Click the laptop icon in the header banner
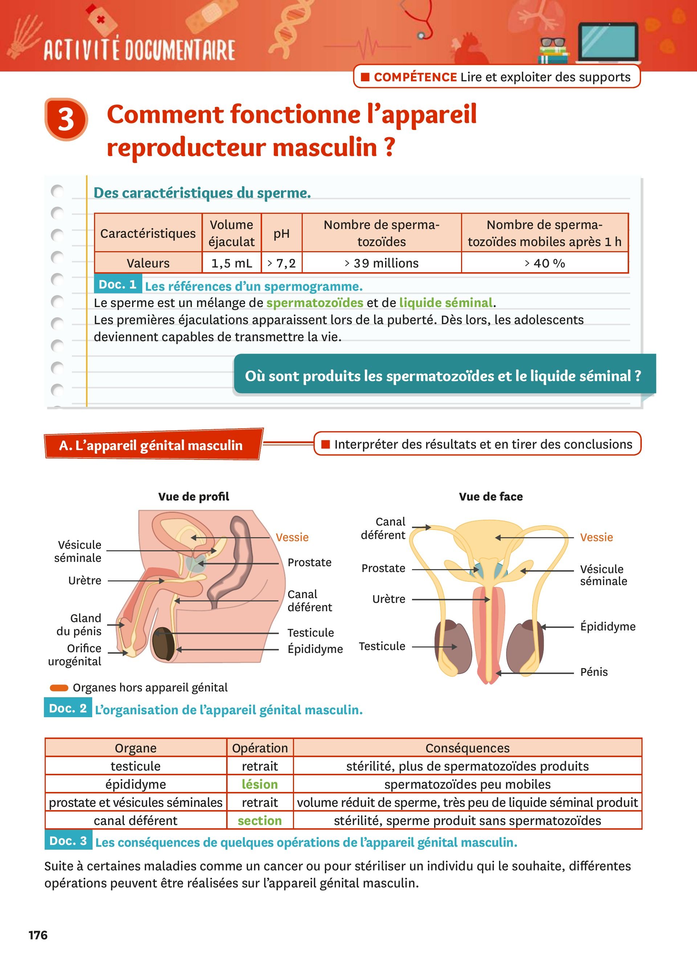click(x=608, y=42)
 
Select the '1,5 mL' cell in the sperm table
click(x=232, y=263)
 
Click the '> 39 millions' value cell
click(x=382, y=263)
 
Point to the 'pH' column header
click(x=281, y=233)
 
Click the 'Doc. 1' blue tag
click(x=118, y=284)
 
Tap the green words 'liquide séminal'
click(x=446, y=303)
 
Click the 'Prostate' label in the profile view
click(x=309, y=562)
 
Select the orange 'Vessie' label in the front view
click(x=596, y=537)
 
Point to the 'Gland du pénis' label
click(x=80, y=624)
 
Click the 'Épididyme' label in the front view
click(x=608, y=626)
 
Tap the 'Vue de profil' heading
click(x=194, y=497)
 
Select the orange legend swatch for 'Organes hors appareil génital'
click(x=59, y=688)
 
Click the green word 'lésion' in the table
click(x=260, y=784)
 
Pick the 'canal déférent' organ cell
click(x=135, y=820)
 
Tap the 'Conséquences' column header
click(x=468, y=748)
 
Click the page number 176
click(x=38, y=935)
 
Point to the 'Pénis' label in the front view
click(x=594, y=672)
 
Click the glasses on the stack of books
click(x=553, y=42)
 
